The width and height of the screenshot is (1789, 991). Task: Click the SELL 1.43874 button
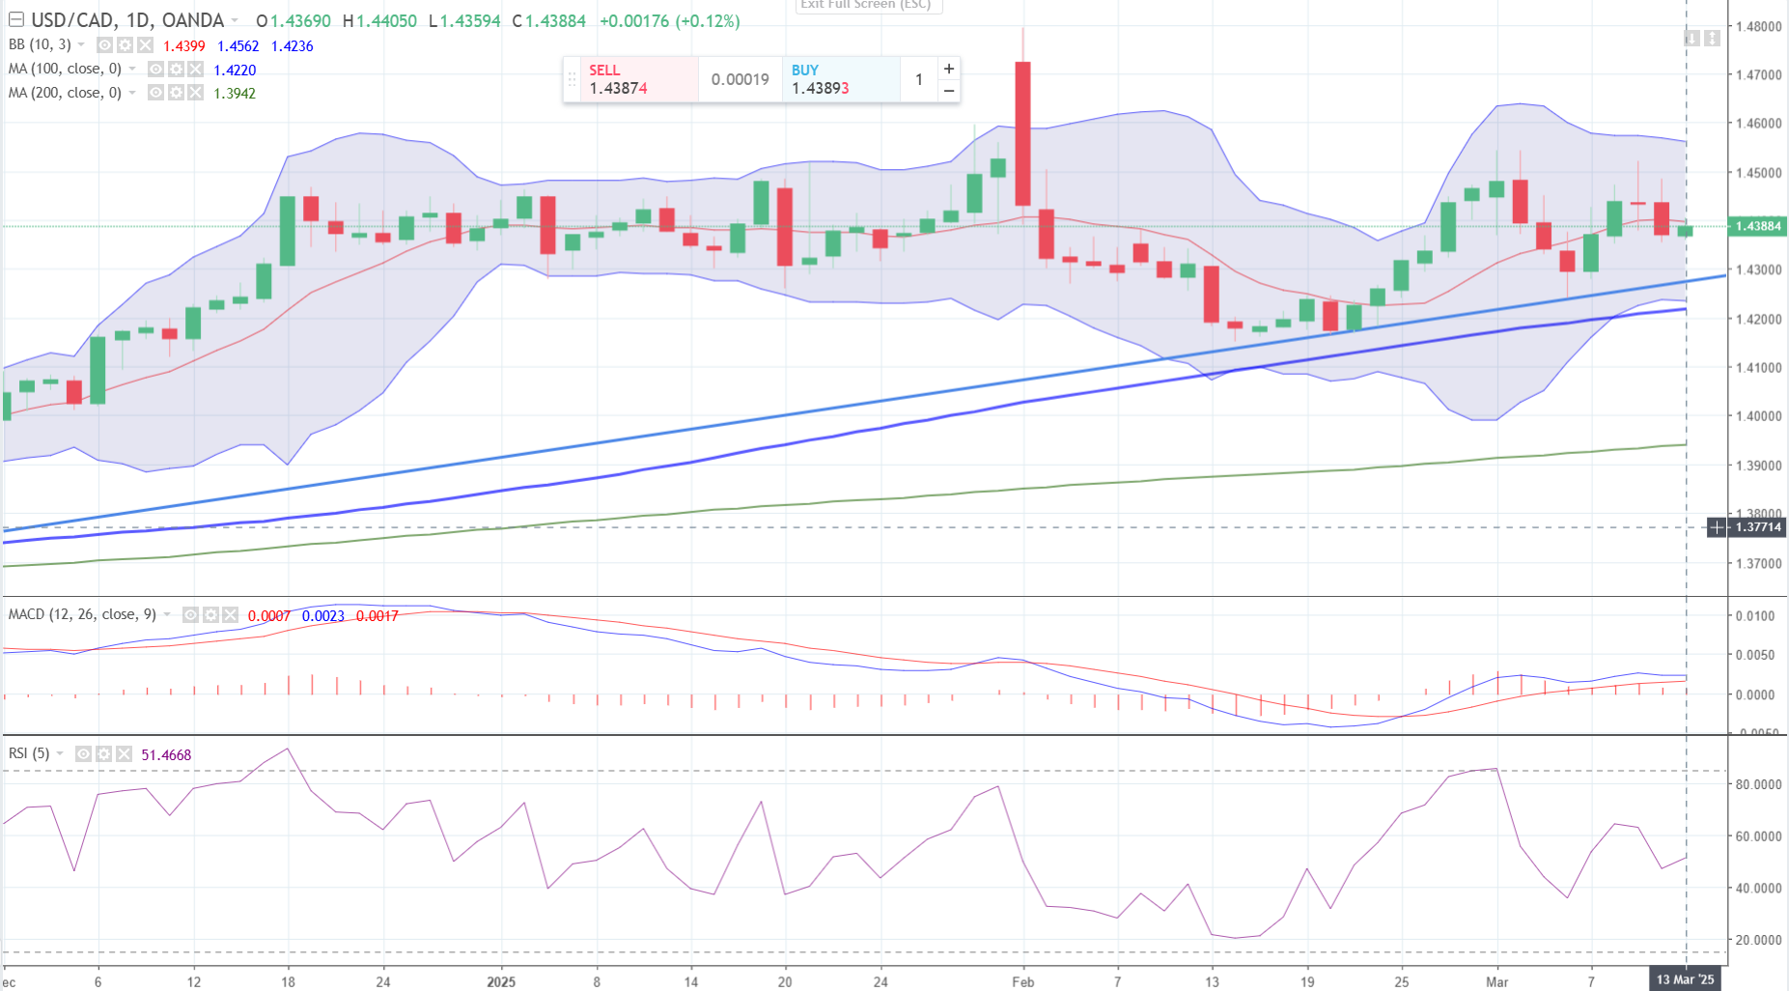(x=630, y=79)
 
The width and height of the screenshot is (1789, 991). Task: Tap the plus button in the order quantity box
(x=949, y=69)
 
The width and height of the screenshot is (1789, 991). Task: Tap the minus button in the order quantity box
(x=949, y=91)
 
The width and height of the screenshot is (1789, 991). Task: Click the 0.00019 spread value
(x=740, y=79)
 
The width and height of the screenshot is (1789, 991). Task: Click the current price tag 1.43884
(x=1757, y=226)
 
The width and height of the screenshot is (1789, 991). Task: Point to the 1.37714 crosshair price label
(x=1757, y=527)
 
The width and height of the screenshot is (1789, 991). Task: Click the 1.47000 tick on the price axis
(x=1758, y=75)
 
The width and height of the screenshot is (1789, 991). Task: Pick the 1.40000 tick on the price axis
(x=1758, y=416)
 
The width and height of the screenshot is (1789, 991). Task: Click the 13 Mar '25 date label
(x=1685, y=979)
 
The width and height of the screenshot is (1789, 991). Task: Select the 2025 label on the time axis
(x=501, y=982)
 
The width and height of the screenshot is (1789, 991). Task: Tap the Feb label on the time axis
(x=1022, y=982)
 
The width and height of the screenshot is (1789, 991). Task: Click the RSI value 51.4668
(x=166, y=755)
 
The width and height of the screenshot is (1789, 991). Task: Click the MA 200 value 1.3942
(x=235, y=94)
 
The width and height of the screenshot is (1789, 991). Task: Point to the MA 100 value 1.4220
(x=235, y=71)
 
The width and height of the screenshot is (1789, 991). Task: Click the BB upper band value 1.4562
(x=238, y=46)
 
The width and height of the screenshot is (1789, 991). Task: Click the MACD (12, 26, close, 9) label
(x=82, y=614)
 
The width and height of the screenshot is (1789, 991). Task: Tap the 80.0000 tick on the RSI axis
(x=1758, y=784)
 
